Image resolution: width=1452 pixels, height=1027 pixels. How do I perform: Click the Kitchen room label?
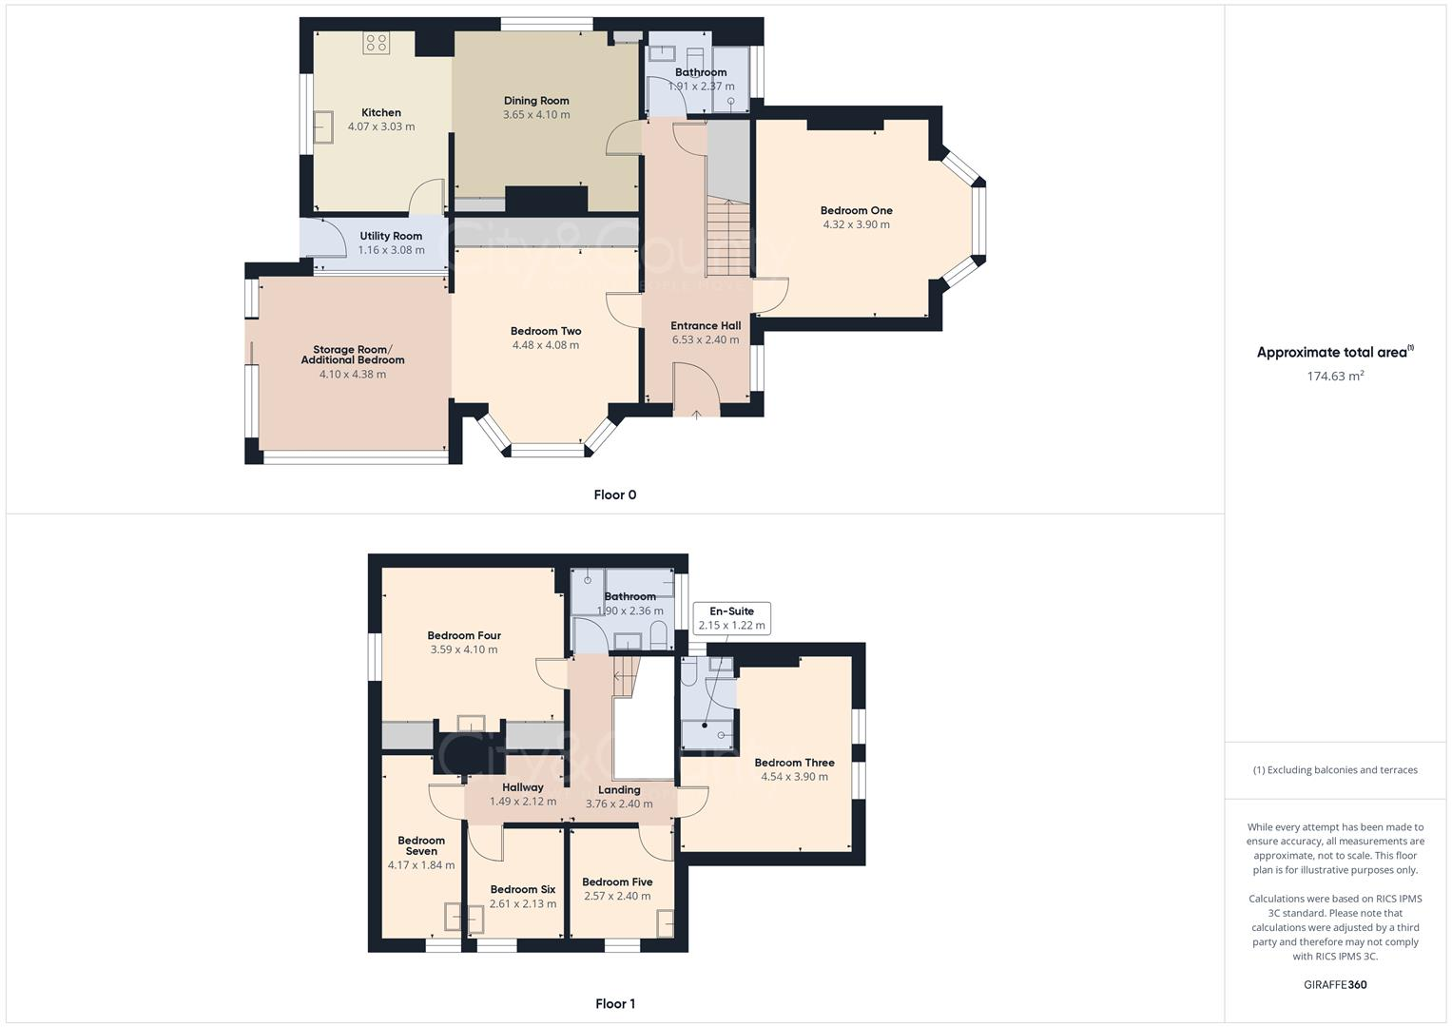pyautogui.click(x=380, y=112)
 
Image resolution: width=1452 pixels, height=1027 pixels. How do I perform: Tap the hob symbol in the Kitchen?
pyautogui.click(x=377, y=43)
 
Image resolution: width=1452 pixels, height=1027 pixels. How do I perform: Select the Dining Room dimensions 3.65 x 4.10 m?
pyautogui.click(x=536, y=115)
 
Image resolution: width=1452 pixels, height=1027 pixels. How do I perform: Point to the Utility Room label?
pyautogui.click(x=391, y=236)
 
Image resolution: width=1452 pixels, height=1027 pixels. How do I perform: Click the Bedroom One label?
pyautogui.click(x=856, y=210)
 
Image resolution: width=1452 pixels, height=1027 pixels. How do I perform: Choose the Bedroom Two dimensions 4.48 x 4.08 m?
pyautogui.click(x=546, y=345)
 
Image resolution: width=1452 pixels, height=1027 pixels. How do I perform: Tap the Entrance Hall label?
pyautogui.click(x=706, y=325)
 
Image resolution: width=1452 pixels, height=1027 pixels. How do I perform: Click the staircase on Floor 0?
pyautogui.click(x=727, y=238)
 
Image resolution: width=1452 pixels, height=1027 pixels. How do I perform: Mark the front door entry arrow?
pyautogui.click(x=696, y=413)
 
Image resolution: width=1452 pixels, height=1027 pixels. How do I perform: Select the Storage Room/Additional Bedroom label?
pyautogui.click(x=353, y=355)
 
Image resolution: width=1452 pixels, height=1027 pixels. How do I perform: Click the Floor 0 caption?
pyautogui.click(x=614, y=494)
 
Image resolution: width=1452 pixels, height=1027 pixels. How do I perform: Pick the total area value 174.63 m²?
pyautogui.click(x=1335, y=377)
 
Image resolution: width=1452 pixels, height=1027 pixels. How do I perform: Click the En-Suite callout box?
pyautogui.click(x=731, y=618)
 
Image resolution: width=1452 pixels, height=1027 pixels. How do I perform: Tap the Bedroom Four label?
pyautogui.click(x=464, y=635)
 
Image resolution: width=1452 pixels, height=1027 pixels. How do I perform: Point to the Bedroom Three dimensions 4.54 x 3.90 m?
pyautogui.click(x=794, y=777)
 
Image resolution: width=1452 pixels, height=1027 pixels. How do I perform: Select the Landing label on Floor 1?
pyautogui.click(x=619, y=789)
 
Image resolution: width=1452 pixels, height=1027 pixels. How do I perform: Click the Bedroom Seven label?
pyautogui.click(x=421, y=845)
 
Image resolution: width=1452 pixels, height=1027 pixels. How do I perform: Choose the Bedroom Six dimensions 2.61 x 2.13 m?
pyautogui.click(x=523, y=904)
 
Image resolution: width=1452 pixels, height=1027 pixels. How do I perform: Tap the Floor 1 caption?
pyautogui.click(x=614, y=1003)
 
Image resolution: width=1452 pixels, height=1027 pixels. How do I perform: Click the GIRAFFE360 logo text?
pyautogui.click(x=1335, y=985)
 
